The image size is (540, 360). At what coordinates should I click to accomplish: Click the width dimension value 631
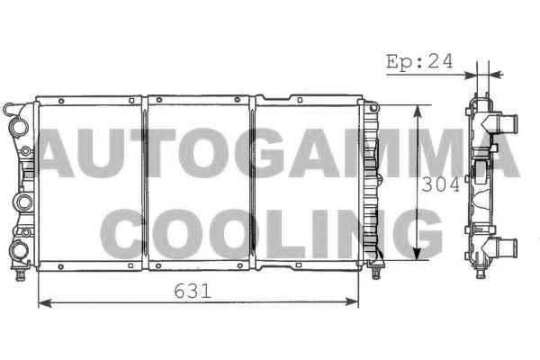(x=193, y=292)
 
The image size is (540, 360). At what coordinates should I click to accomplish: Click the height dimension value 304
(x=440, y=185)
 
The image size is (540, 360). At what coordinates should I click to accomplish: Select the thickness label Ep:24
(x=419, y=62)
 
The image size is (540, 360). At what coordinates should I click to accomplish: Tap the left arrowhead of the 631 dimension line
(x=45, y=303)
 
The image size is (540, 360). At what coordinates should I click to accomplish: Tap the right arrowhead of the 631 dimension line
(x=352, y=302)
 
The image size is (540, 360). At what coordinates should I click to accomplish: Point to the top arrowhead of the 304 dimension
(x=417, y=112)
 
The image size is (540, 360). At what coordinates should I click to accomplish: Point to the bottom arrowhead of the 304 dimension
(x=417, y=253)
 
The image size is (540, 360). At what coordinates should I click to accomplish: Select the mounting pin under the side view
(x=481, y=273)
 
